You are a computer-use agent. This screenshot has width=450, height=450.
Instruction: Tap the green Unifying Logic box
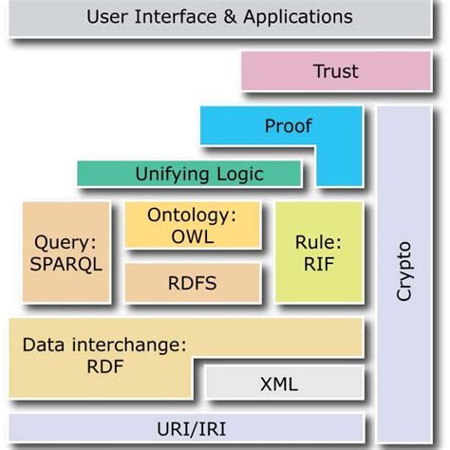tap(188, 173)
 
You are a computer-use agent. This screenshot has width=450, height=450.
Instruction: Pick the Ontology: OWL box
tap(193, 226)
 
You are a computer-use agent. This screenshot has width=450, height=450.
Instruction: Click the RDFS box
tap(193, 282)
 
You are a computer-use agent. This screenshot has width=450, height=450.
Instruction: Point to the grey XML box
tap(279, 384)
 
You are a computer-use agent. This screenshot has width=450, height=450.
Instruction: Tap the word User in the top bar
tap(106, 16)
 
